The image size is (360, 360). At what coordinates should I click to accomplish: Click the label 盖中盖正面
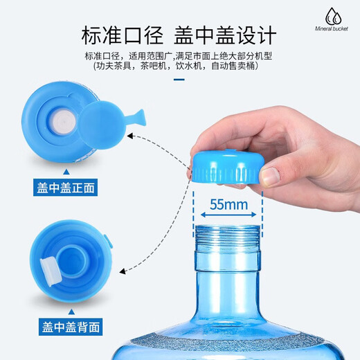pyautogui.click(x=66, y=187)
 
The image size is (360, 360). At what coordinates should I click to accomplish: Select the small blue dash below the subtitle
pyautogui.click(x=179, y=79)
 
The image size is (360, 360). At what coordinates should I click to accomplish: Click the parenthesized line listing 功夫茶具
pyautogui.click(x=179, y=67)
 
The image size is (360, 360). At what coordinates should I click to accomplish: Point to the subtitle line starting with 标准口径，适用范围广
pyautogui.click(x=179, y=55)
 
